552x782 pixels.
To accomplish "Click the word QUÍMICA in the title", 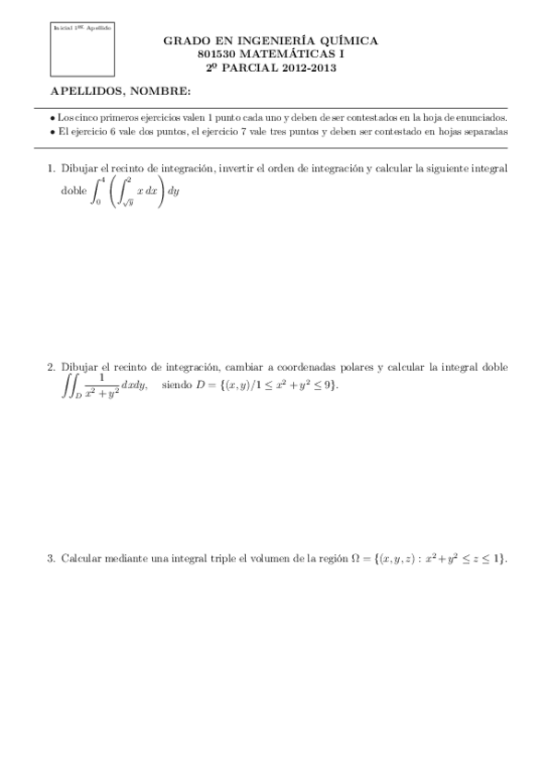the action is pos(347,41).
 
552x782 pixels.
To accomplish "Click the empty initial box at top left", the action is pos(82,53).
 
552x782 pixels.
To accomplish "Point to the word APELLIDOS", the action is pos(87,90).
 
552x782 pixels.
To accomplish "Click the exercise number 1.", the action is pos(50,169).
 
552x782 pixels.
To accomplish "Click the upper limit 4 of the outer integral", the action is pos(100,183).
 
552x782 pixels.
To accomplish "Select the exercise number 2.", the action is pos(50,367).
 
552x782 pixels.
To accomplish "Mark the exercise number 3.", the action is pos(50,559).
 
